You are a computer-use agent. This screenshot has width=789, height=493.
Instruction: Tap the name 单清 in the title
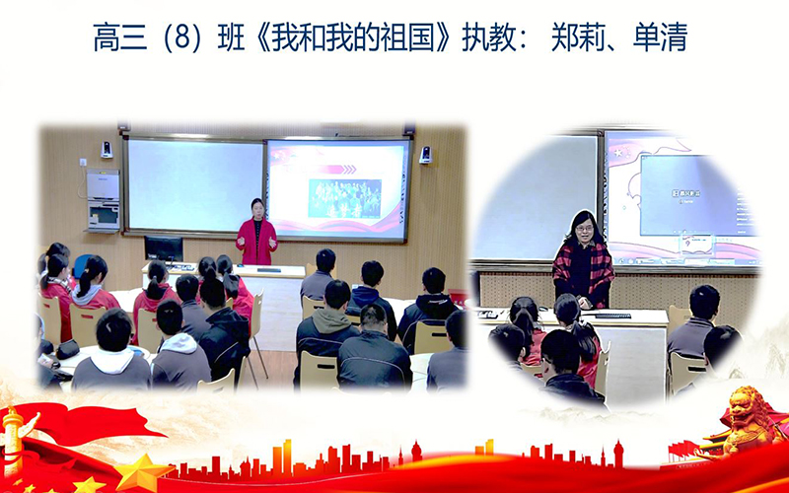(x=660, y=37)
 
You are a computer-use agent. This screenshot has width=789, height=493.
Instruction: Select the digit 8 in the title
(x=182, y=38)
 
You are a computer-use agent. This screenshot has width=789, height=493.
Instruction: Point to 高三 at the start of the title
(x=120, y=37)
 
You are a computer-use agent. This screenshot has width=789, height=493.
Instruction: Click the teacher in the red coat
(x=256, y=233)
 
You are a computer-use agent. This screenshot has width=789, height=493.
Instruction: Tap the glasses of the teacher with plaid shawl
(x=583, y=229)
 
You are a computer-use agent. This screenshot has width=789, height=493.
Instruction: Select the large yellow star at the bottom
(x=142, y=472)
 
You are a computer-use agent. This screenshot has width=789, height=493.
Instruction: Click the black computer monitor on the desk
(x=164, y=249)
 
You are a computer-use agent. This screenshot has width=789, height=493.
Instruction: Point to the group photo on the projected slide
(x=344, y=198)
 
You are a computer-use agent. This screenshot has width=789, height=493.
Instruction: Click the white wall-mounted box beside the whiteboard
(x=103, y=200)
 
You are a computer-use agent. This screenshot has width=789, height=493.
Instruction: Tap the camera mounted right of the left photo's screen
(x=425, y=155)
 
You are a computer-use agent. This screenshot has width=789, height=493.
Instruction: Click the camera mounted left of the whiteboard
(x=107, y=150)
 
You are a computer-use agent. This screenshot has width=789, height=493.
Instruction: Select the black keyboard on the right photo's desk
(x=612, y=316)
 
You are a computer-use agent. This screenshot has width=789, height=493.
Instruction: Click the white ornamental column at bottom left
(x=13, y=437)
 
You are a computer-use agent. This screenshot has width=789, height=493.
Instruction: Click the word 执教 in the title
(x=488, y=37)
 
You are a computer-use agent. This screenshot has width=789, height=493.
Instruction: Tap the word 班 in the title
(x=232, y=37)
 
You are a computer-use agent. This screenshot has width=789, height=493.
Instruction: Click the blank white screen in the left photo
(x=194, y=185)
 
